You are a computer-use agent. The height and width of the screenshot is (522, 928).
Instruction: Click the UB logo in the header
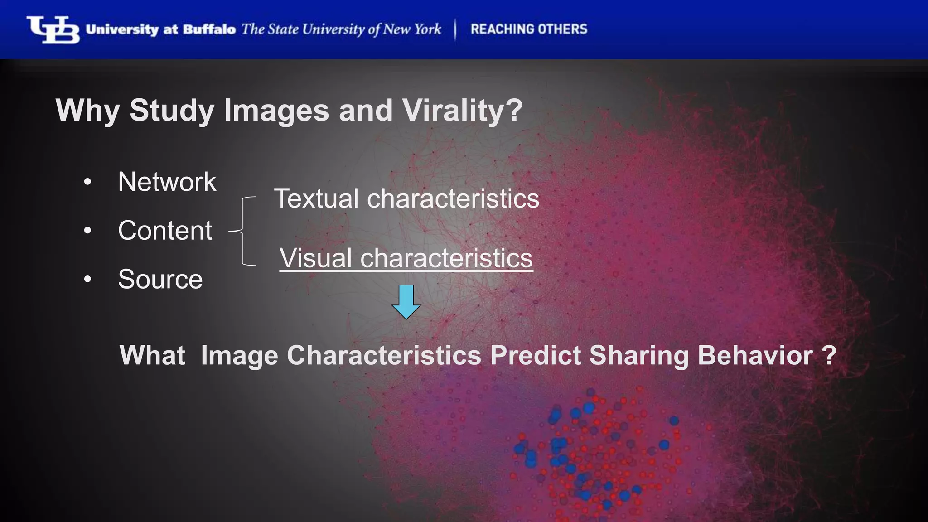53,30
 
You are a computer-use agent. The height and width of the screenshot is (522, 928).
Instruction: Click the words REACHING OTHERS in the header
529,29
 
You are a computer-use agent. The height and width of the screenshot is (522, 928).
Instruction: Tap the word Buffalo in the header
209,29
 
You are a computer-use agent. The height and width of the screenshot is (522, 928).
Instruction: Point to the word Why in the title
87,110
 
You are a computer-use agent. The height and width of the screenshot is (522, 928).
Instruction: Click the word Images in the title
276,110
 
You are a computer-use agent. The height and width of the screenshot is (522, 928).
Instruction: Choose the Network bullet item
167,182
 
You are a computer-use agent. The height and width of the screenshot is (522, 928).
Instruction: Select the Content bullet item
165,230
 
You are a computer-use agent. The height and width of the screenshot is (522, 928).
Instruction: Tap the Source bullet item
160,279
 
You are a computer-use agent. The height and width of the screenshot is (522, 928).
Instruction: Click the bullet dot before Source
87,279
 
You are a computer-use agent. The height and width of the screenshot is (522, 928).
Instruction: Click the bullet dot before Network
87,182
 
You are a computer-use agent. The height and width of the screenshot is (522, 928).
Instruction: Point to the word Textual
316,198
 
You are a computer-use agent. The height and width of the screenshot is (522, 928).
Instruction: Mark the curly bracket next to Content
243,231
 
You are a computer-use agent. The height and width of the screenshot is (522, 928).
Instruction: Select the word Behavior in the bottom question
755,355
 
